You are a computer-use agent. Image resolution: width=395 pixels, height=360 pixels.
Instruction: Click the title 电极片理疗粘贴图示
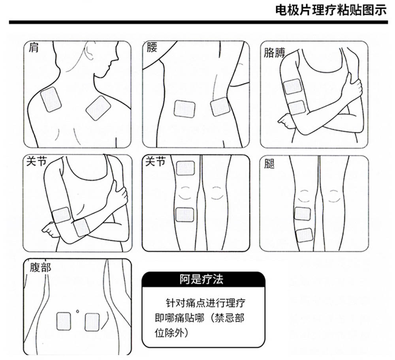(x=331, y=10)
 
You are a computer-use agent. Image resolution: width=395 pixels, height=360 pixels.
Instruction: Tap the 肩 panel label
(x=33, y=48)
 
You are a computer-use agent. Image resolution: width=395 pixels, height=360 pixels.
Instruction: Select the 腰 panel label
(x=152, y=47)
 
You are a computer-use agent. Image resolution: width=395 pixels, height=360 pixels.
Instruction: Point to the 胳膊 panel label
(x=274, y=53)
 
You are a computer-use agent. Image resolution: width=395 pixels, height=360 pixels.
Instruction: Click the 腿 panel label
(x=269, y=164)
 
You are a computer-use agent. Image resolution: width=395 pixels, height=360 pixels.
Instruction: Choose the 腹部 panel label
(x=41, y=267)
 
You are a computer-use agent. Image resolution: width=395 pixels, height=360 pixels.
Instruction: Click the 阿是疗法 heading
(x=201, y=279)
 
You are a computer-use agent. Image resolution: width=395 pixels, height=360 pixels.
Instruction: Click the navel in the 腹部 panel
(x=77, y=311)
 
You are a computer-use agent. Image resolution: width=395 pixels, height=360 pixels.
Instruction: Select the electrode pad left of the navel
(x=64, y=321)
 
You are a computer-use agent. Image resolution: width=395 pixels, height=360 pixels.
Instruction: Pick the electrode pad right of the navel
(x=92, y=322)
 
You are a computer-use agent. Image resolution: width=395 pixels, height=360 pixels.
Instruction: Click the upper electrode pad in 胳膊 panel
(x=292, y=86)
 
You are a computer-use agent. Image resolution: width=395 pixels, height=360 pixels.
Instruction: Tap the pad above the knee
(x=185, y=168)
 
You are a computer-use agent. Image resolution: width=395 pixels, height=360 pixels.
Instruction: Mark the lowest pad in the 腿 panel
(x=304, y=235)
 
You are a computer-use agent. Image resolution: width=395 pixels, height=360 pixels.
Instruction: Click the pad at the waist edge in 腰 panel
(x=220, y=107)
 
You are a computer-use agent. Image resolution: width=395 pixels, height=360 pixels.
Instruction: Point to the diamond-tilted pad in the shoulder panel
(x=98, y=108)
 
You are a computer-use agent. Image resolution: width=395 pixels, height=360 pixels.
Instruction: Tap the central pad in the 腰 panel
(x=184, y=109)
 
